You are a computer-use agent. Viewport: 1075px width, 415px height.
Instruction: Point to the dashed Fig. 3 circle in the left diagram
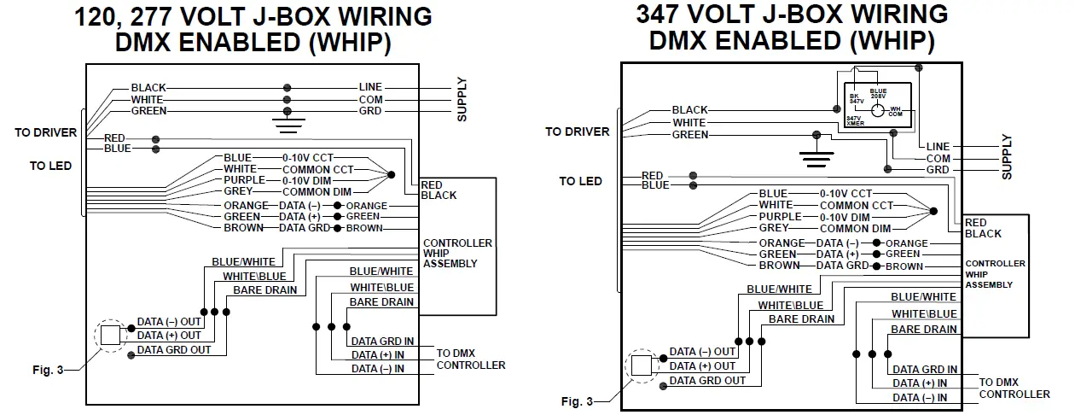(111, 335)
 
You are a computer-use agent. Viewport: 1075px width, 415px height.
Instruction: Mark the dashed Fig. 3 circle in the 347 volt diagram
(642, 366)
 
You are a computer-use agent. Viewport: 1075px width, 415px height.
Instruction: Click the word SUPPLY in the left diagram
(462, 99)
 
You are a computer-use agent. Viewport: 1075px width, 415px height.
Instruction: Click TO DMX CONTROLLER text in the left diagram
(470, 359)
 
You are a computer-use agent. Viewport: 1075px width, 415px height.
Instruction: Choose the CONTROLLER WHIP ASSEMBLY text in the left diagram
(456, 253)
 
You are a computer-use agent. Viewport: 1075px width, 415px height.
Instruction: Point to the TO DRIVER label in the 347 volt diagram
(577, 132)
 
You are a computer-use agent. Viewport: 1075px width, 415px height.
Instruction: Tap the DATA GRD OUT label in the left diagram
(174, 349)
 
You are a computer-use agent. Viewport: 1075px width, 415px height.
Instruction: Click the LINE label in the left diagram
(370, 87)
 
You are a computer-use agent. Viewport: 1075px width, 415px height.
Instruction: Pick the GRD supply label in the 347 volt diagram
(937, 170)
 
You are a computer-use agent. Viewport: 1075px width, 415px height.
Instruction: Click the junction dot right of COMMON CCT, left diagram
(392, 175)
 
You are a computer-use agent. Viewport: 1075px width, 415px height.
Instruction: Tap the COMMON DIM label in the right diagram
(855, 229)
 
